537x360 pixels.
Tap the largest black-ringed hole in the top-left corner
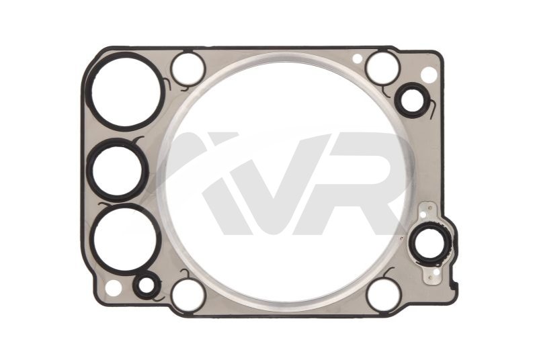pos(126,91)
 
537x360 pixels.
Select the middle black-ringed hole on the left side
pos(117,170)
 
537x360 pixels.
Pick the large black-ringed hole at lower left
pos(126,239)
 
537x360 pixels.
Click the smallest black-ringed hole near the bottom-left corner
pos(147,285)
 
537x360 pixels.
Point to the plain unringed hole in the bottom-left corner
pos(113,287)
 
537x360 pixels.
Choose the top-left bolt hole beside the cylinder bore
pos(188,69)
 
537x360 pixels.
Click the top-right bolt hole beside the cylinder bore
pos(383,67)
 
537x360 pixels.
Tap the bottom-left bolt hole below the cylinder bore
pos(188,295)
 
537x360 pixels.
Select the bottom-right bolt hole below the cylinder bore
pos(383,295)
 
